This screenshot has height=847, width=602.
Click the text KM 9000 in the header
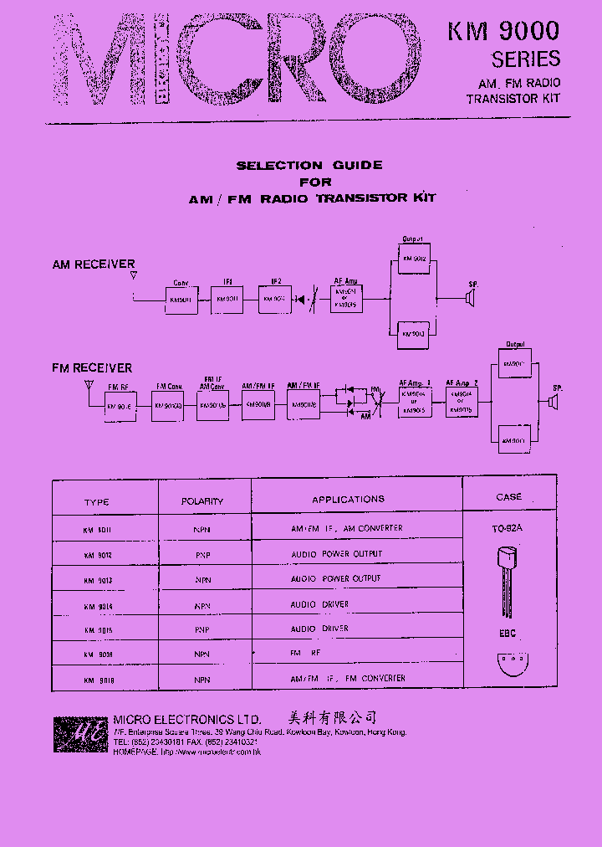click(x=503, y=32)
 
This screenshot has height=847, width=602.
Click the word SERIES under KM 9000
click(x=525, y=59)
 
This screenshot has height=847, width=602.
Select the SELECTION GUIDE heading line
click(x=309, y=166)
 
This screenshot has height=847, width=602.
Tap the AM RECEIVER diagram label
click(x=94, y=264)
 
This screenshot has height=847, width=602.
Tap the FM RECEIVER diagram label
click(x=92, y=368)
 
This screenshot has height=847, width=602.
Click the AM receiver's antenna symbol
click(x=134, y=275)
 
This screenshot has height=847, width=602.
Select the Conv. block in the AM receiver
click(x=181, y=299)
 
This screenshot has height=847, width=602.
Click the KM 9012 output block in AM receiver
click(x=415, y=260)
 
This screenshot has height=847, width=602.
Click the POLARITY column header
click(x=202, y=501)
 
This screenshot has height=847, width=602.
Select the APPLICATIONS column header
click(x=348, y=500)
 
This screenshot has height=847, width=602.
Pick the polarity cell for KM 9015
click(x=202, y=629)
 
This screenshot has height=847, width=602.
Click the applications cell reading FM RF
click(x=305, y=653)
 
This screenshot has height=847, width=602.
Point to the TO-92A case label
click(x=508, y=529)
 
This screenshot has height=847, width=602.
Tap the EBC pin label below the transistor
click(x=508, y=634)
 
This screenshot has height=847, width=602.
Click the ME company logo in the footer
click(x=81, y=735)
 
